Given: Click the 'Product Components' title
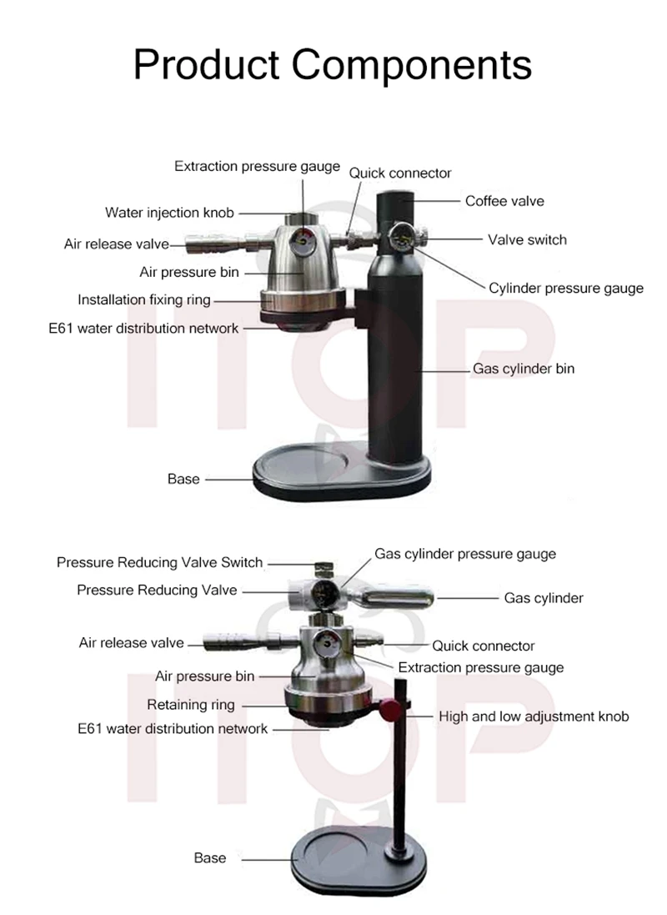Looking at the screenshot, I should (332, 64).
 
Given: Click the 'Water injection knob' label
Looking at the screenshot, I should (169, 212).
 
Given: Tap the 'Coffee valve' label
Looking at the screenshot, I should (504, 201).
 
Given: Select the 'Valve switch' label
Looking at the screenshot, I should (527, 239).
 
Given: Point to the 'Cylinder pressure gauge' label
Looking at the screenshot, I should (566, 289).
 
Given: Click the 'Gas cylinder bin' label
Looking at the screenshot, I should (524, 368).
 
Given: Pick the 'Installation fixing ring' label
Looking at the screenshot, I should (144, 299).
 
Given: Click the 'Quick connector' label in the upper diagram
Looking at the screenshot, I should (400, 173).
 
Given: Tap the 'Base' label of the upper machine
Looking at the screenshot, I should (183, 479).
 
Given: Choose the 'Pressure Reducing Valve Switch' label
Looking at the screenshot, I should (159, 562).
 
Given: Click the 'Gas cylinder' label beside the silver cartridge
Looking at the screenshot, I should (544, 598).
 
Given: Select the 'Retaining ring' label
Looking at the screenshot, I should (191, 705).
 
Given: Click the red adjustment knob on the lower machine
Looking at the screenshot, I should (389, 710).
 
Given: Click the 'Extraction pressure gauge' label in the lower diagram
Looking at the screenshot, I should (480, 667).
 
